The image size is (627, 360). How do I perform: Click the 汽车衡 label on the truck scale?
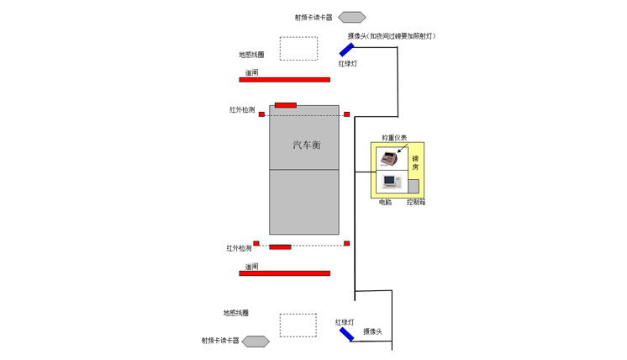(307, 146)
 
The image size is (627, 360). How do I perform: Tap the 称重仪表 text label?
(394, 137)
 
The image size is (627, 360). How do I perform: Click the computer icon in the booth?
(391, 181)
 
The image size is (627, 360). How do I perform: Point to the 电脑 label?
(385, 203)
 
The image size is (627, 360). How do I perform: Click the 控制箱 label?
(416, 203)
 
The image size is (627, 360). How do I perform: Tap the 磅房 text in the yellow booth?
(415, 162)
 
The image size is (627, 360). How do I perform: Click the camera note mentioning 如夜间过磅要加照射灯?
(392, 36)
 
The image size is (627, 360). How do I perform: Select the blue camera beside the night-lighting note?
(346, 50)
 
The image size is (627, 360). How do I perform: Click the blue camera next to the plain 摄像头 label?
(346, 334)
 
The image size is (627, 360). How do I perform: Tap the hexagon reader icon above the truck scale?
(352, 17)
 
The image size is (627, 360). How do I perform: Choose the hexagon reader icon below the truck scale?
(256, 341)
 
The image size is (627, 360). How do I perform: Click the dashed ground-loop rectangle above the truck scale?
(298, 49)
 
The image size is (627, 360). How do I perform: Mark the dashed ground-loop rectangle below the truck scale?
(298, 325)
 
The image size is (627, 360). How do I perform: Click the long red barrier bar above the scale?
(284, 80)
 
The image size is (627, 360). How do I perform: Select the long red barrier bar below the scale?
(284, 273)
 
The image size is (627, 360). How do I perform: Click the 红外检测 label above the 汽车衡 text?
(242, 110)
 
